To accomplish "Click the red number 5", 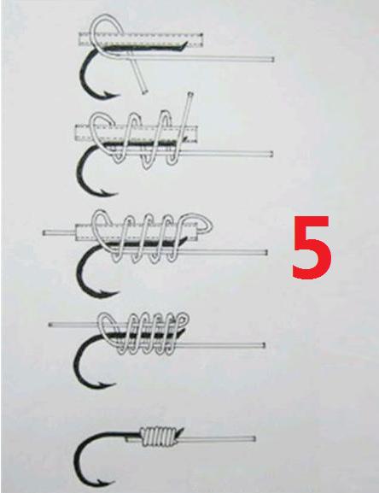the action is [x=312, y=247].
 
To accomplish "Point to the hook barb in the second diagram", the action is [x=108, y=191].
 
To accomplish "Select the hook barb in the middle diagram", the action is [x=109, y=293].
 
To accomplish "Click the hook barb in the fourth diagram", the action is [x=107, y=384].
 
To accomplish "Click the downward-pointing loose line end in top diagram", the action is [x=144, y=92].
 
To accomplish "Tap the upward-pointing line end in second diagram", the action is [x=190, y=94].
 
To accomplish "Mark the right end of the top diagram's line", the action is [x=272, y=59].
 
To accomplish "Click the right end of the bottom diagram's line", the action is [x=254, y=438].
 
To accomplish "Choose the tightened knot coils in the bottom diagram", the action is [x=160, y=437].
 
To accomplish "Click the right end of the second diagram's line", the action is [x=271, y=154].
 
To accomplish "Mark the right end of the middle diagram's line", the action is [x=265, y=252].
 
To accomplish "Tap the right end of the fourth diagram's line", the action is [x=263, y=345].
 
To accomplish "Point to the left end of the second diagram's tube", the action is [x=76, y=132].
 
